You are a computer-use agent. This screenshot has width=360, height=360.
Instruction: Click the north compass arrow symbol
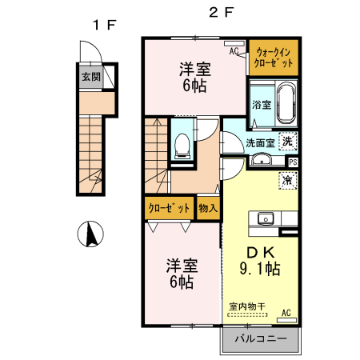[92, 234]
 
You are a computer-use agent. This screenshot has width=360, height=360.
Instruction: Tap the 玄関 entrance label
[90, 78]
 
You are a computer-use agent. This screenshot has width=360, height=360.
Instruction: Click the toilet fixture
[182, 145]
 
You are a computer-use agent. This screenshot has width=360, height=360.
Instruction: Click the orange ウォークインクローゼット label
[273, 57]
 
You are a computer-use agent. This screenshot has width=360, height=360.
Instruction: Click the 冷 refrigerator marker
[287, 181]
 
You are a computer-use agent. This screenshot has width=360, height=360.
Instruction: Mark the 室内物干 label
[247, 306]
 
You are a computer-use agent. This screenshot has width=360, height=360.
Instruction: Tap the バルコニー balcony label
[260, 339]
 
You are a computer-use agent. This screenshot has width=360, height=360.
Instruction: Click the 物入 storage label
[208, 208]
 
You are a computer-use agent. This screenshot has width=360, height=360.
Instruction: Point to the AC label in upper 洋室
[234, 52]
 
